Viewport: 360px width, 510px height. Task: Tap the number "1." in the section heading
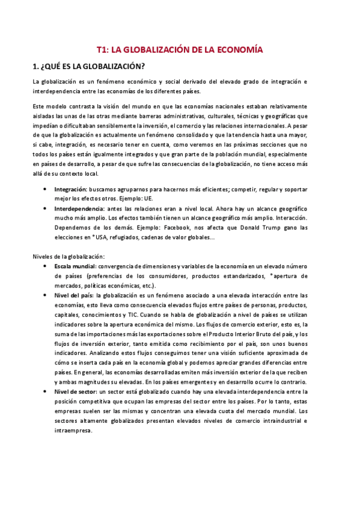(x=37, y=67)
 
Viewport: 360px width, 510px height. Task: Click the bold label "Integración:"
(x=72, y=188)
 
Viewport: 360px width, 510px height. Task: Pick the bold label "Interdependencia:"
(x=79, y=208)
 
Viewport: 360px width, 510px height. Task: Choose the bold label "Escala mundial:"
(x=75, y=266)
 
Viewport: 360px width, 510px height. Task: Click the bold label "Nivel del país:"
(x=74, y=295)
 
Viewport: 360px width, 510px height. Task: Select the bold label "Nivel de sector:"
(x=75, y=392)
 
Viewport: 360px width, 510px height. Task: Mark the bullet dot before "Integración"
(x=47, y=189)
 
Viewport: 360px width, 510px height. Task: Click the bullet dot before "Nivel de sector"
(x=47, y=392)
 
